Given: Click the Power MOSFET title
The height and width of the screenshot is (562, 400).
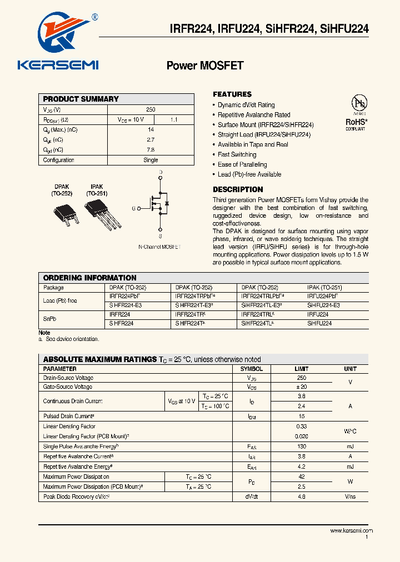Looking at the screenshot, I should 205,66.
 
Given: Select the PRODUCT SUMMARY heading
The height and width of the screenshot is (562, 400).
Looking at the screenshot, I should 81,99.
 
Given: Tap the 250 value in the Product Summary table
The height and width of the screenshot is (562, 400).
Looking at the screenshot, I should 151,110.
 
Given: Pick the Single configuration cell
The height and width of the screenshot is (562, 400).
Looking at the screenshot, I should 151,160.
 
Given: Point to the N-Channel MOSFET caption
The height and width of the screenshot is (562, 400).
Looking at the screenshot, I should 159,247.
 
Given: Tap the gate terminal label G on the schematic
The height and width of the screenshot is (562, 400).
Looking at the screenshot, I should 133,208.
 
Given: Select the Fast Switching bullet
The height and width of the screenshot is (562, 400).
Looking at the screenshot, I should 237,154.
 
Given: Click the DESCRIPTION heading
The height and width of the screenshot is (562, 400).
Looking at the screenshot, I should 238,189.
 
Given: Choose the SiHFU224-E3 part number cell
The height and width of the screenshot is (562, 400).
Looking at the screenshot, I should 323,305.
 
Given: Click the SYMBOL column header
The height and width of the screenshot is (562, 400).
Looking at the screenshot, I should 251,369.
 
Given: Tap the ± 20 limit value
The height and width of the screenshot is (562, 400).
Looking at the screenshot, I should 301,387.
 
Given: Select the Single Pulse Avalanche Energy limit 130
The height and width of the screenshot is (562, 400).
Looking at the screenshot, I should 301,446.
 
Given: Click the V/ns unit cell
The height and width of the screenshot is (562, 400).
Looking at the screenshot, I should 350,496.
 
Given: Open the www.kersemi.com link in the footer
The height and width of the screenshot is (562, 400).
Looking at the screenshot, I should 351,531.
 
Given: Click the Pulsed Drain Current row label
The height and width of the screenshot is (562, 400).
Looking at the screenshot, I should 69,416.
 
